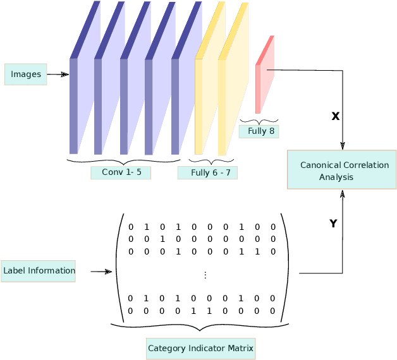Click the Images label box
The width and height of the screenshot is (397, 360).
click(x=26, y=75)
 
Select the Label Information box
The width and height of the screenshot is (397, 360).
click(x=39, y=271)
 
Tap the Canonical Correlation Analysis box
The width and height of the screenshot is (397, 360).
click(x=341, y=170)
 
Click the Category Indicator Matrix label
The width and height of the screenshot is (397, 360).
click(x=200, y=348)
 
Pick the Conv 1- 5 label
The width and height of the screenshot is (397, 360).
click(x=121, y=172)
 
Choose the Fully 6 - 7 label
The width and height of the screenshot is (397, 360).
click(x=207, y=172)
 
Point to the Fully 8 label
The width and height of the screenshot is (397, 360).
click(x=259, y=131)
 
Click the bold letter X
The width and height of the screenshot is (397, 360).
click(x=335, y=116)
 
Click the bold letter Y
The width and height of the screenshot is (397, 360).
click(x=333, y=224)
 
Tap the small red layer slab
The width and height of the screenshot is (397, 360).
click(x=259, y=88)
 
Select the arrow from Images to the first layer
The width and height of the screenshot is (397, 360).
click(x=58, y=75)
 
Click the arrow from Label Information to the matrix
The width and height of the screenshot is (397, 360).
click(x=101, y=272)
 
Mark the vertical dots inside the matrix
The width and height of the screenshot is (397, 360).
click(x=205, y=275)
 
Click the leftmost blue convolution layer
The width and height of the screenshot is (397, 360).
click(x=74, y=106)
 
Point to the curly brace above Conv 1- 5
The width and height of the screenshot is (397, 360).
click(x=124, y=162)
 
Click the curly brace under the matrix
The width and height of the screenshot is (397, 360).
click(x=200, y=327)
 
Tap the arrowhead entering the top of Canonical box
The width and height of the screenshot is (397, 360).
click(x=343, y=145)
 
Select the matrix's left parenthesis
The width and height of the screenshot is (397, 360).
click(x=119, y=268)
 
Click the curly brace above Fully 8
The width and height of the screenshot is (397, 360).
click(x=259, y=121)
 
